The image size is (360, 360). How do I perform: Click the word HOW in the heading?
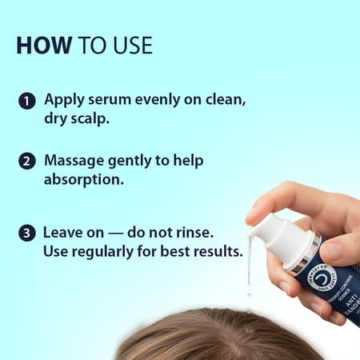click(x=42, y=45)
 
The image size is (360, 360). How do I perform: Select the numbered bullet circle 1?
click(x=27, y=102)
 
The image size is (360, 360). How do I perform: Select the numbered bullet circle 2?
click(x=27, y=161)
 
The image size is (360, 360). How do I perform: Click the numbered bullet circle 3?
click(x=27, y=234)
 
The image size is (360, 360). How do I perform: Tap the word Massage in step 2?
click(x=74, y=160)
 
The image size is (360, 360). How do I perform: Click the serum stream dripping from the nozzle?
click(x=249, y=272)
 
